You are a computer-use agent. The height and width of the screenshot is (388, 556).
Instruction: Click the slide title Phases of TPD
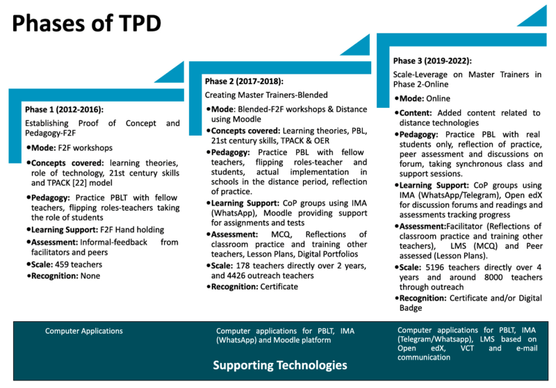click(x=86, y=24)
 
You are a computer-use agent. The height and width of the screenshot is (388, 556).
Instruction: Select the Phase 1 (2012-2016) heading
click(x=64, y=110)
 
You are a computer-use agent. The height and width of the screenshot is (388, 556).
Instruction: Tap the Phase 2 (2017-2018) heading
click(x=244, y=81)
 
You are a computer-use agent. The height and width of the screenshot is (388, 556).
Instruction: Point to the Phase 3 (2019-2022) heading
click(x=432, y=61)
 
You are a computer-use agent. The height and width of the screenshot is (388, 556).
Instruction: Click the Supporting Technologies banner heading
click(x=280, y=365)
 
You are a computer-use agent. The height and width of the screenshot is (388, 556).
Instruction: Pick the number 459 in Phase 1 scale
click(x=62, y=265)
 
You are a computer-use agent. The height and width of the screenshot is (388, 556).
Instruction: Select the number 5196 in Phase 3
click(x=434, y=268)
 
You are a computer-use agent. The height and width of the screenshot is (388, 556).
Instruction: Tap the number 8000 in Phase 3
click(x=493, y=277)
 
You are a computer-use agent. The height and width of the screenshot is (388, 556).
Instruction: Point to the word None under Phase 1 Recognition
click(x=90, y=276)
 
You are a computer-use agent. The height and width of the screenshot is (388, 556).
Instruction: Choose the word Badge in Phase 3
click(x=411, y=308)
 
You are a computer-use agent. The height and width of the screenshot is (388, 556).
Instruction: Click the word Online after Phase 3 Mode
click(x=439, y=99)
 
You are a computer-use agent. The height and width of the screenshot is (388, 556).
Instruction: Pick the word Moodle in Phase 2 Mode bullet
click(x=247, y=119)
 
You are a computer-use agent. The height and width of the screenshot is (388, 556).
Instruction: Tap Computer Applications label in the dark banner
click(x=83, y=331)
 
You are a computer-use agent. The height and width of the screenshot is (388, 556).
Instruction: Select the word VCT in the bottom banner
click(x=467, y=348)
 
